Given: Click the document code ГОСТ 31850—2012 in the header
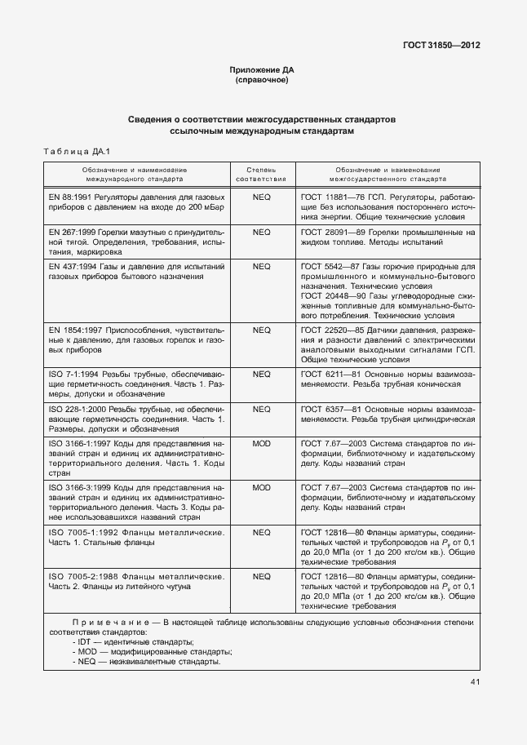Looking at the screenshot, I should [441, 46].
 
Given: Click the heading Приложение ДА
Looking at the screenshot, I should [262, 71].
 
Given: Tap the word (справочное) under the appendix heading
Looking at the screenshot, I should [262, 81].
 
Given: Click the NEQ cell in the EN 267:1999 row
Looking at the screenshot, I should [261, 233].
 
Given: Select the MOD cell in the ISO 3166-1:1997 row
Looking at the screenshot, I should [261, 443].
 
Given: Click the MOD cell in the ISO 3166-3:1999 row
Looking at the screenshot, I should [261, 487].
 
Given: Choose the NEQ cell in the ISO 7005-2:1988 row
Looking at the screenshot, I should [261, 576].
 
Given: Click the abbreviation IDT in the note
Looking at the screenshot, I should [86, 643].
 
